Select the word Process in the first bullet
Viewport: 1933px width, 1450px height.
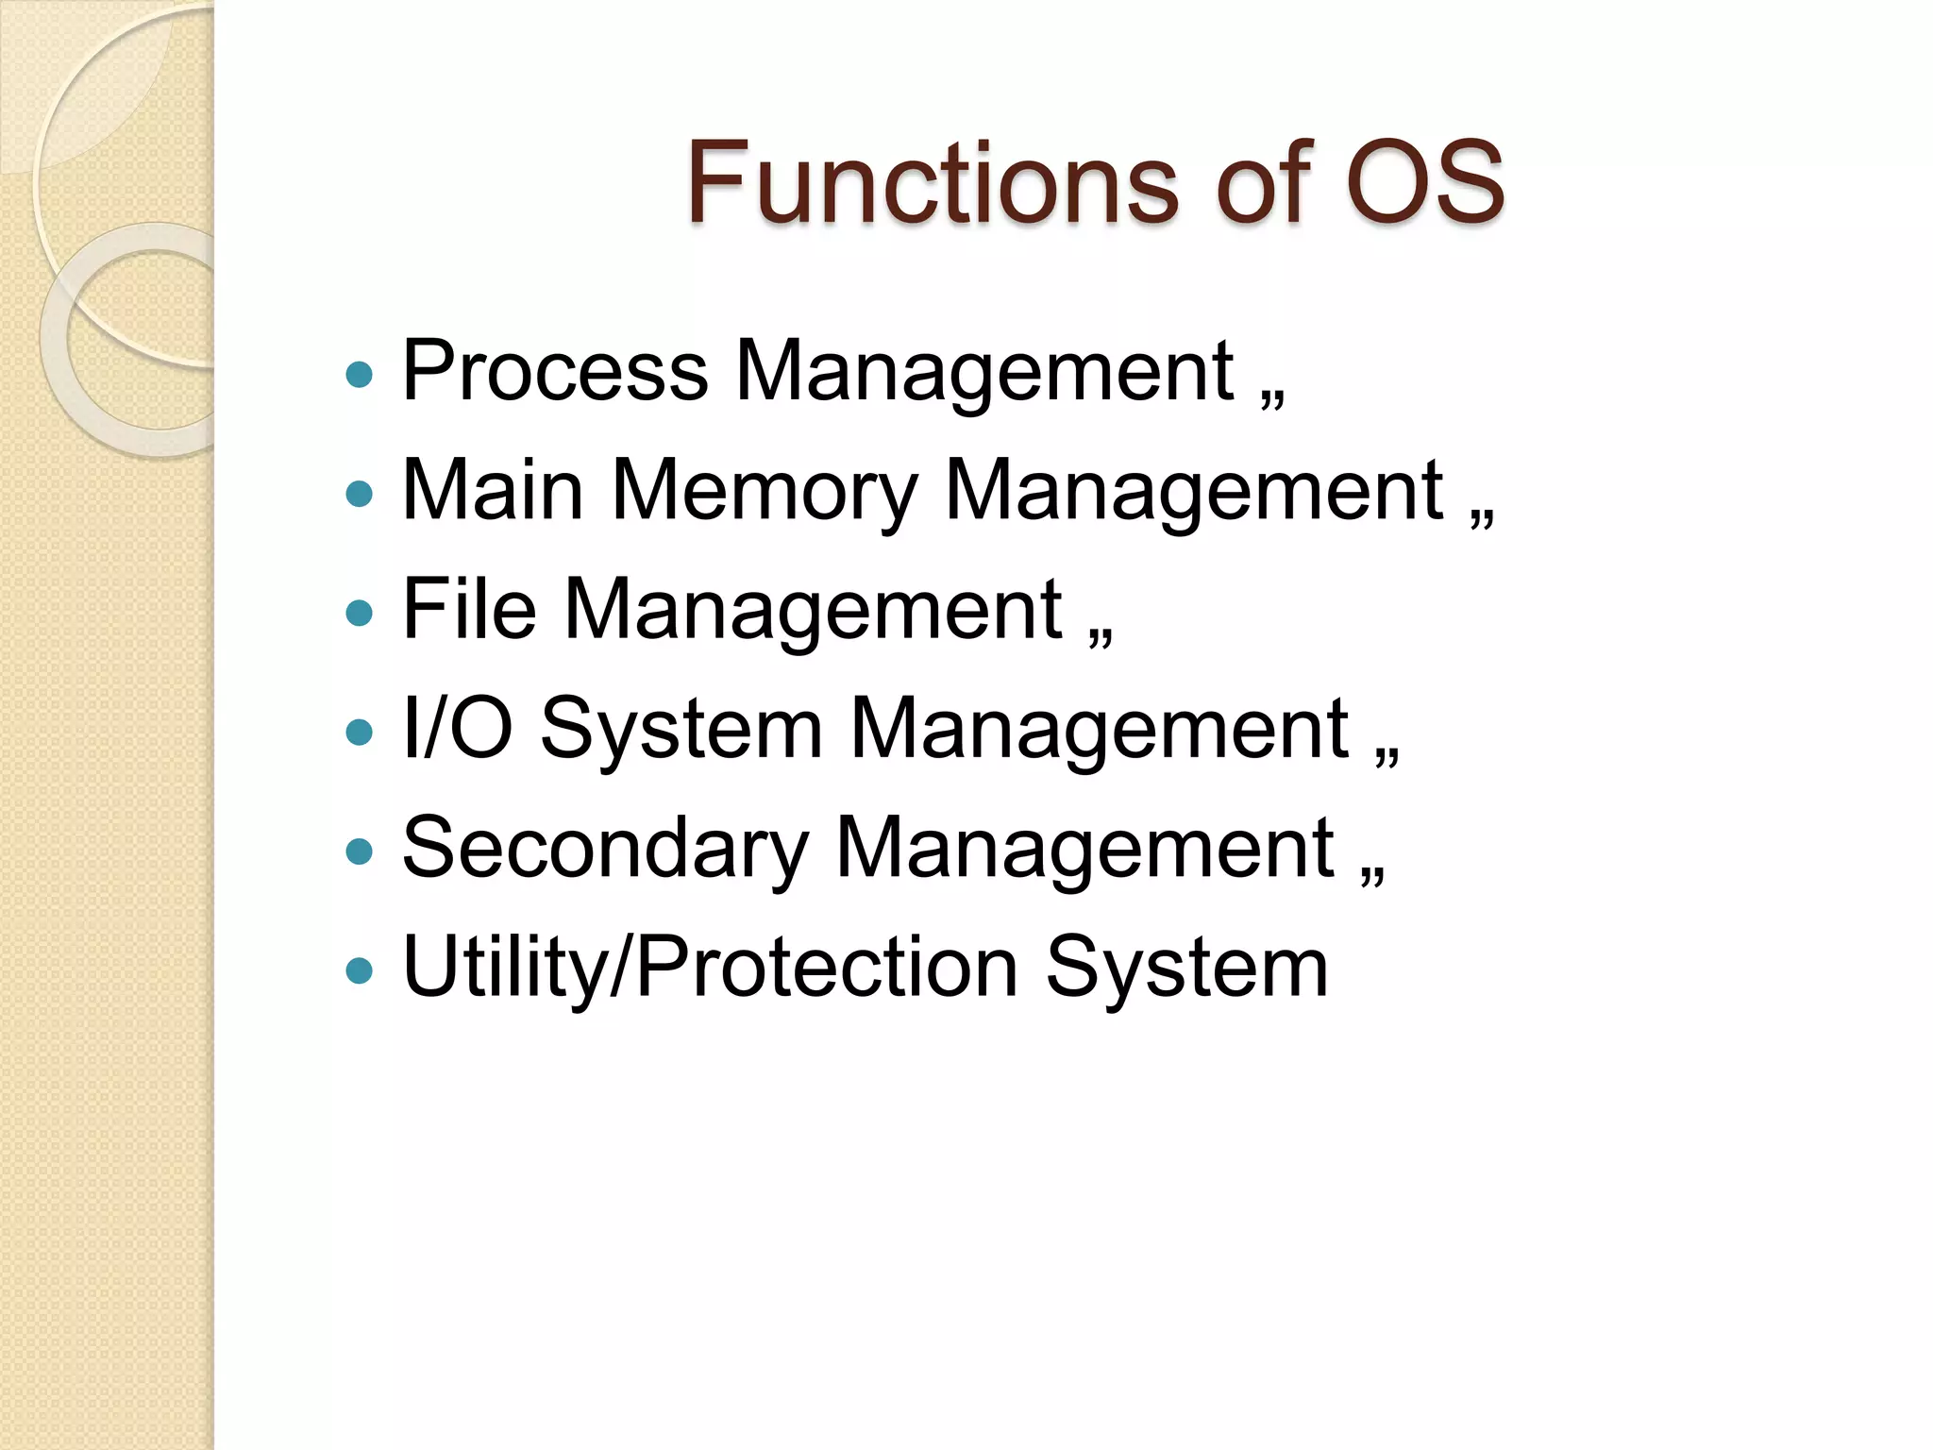(555, 372)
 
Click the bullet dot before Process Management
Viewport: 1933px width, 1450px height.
(360, 375)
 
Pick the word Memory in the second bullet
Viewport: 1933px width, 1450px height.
(765, 492)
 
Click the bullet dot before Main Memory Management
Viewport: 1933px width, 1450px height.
(360, 494)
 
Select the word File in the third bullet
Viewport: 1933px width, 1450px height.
(469, 610)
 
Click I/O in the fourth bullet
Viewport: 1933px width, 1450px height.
(458, 729)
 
